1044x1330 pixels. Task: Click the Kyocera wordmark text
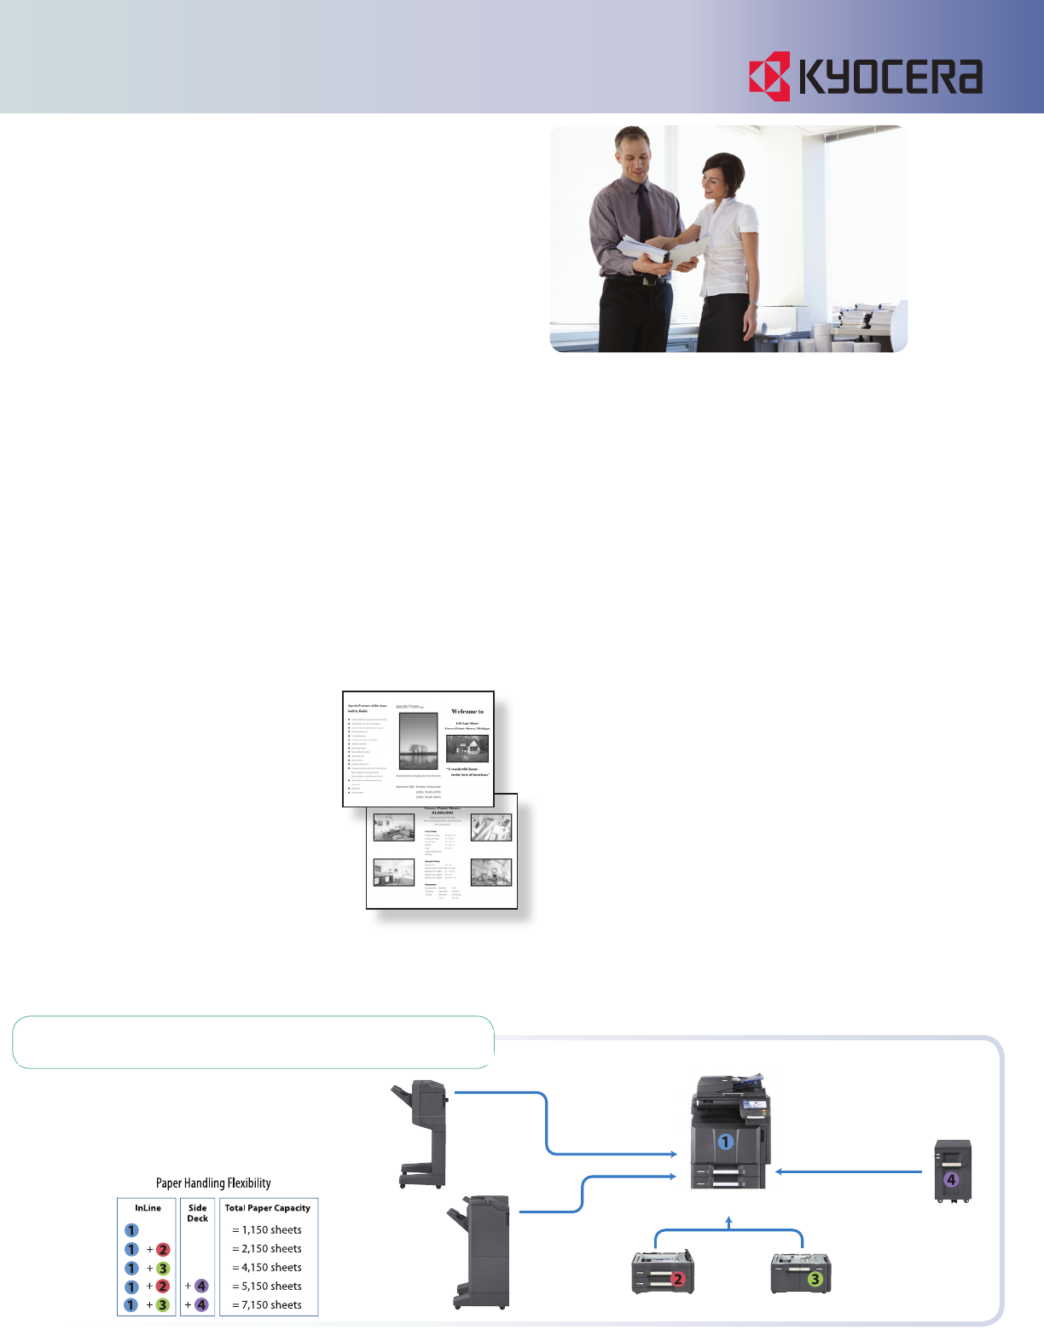[x=891, y=76]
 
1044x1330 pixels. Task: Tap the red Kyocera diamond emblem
[x=770, y=76]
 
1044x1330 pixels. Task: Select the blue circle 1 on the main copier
[x=725, y=1142]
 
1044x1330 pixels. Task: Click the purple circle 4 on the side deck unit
[x=951, y=1181]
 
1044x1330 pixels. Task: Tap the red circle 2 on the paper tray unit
[x=678, y=1279]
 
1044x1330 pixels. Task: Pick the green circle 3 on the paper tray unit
[x=815, y=1279]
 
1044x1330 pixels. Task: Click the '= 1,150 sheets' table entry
[x=268, y=1230]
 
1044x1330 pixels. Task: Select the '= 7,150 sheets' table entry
[x=268, y=1305]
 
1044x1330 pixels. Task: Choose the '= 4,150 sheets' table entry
[x=268, y=1268]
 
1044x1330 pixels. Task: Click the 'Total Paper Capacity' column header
[x=268, y=1208]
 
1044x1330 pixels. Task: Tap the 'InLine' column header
[x=148, y=1208]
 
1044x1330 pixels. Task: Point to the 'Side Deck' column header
[x=198, y=1213]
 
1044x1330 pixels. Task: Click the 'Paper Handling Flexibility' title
[x=213, y=1183]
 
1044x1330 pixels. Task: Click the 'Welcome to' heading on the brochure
[x=467, y=711]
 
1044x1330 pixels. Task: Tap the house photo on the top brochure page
[x=467, y=749]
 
